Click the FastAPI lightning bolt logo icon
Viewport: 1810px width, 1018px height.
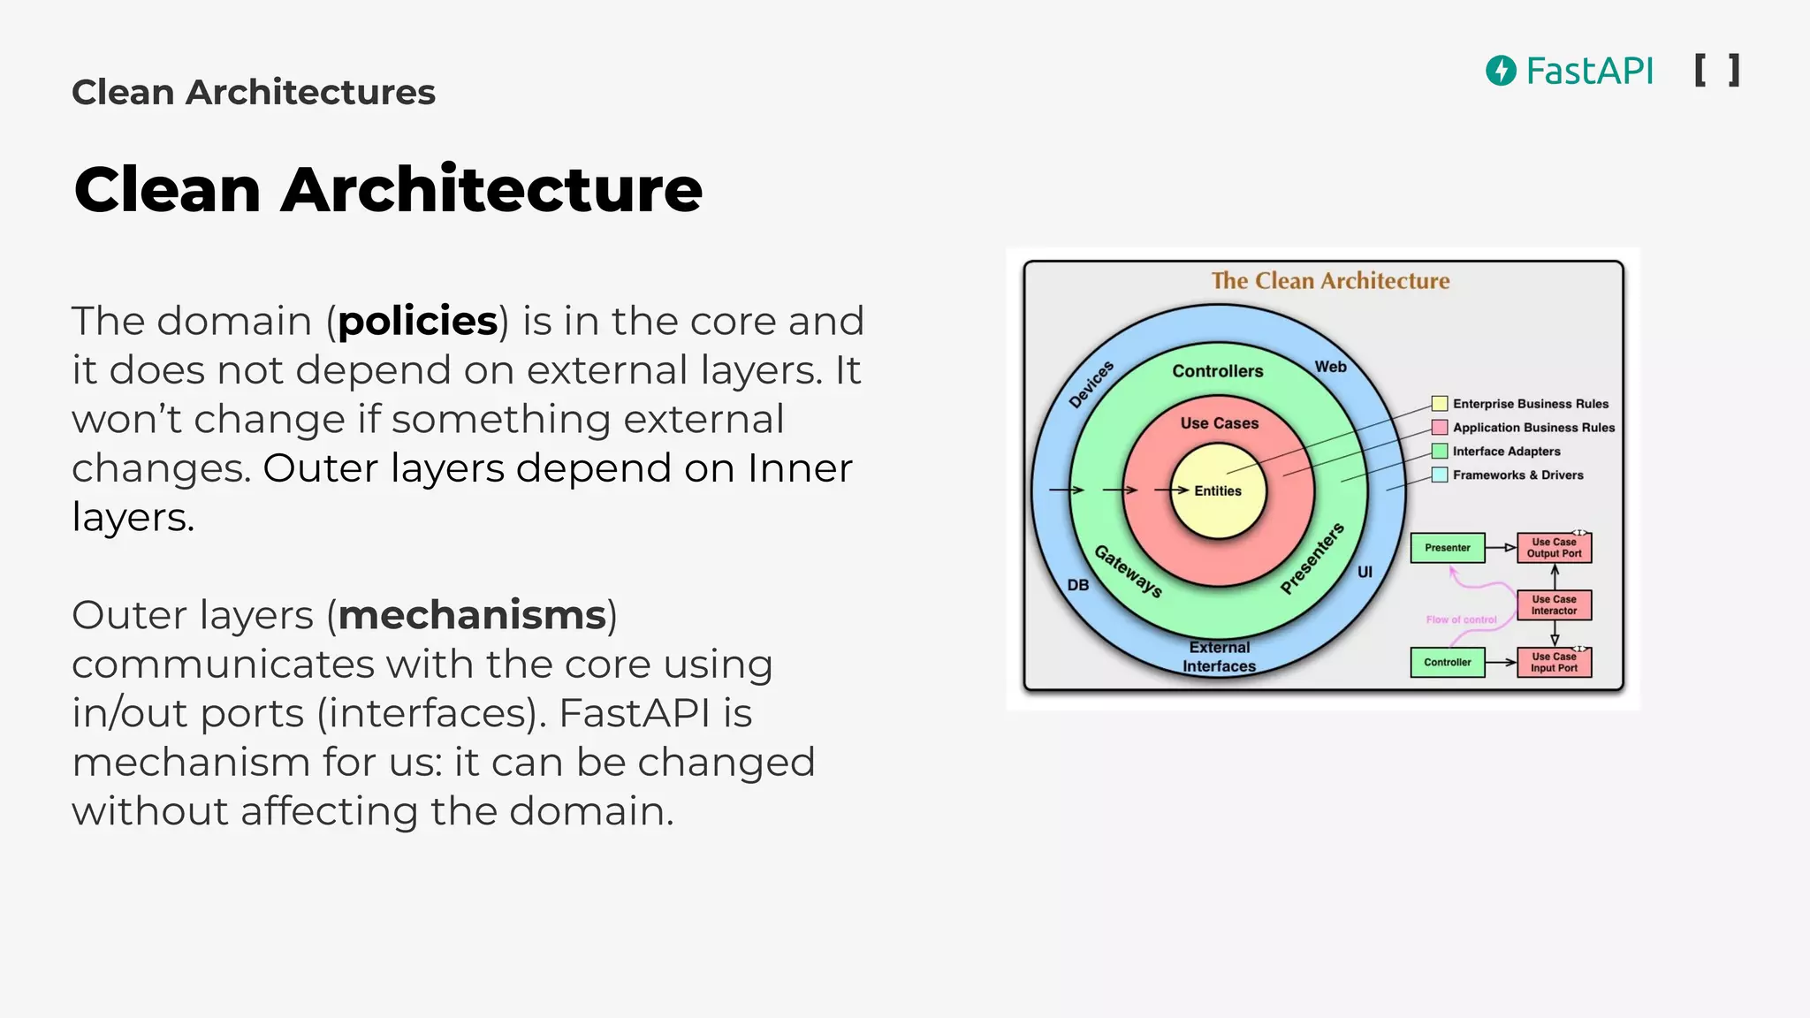pyautogui.click(x=1501, y=71)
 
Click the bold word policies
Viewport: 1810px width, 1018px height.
pyautogui.click(x=417, y=321)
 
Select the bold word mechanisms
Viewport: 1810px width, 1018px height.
pyautogui.click(x=472, y=615)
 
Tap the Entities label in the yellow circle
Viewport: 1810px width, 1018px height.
pyautogui.click(x=1218, y=491)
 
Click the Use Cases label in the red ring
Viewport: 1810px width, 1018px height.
pyautogui.click(x=1220, y=423)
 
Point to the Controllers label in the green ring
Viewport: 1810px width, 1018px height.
pyautogui.click(x=1218, y=371)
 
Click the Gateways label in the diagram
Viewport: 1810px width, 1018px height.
pyautogui.click(x=1128, y=571)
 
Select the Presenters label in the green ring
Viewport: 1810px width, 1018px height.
pyautogui.click(x=1312, y=558)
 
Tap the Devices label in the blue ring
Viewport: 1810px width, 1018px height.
pyautogui.click(x=1091, y=384)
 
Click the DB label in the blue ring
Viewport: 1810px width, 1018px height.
pyautogui.click(x=1078, y=585)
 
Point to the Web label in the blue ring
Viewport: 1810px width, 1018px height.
pyautogui.click(x=1330, y=367)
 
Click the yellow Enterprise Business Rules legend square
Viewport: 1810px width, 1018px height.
pyautogui.click(x=1440, y=404)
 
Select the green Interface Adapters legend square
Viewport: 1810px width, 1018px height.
pyautogui.click(x=1440, y=452)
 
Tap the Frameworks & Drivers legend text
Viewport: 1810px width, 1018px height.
pyautogui.click(x=1517, y=475)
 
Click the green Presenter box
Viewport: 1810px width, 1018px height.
pyautogui.click(x=1448, y=548)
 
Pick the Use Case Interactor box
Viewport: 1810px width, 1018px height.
pyautogui.click(x=1554, y=605)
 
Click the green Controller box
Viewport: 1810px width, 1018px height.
pyautogui.click(x=1448, y=662)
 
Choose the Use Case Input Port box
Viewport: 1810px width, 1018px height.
pyautogui.click(x=1554, y=662)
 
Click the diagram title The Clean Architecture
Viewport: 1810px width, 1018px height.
pyautogui.click(x=1330, y=281)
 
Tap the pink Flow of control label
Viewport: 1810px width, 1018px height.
pyautogui.click(x=1461, y=619)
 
